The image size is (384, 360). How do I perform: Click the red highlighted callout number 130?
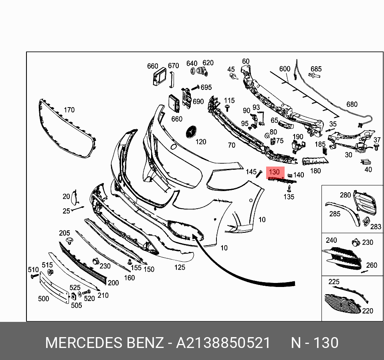click(x=274, y=172)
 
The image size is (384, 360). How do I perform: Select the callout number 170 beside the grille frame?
click(x=69, y=110)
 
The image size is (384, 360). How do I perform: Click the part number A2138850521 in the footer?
click(x=223, y=343)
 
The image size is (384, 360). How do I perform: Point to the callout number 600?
click(x=285, y=69)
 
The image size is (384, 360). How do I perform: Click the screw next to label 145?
click(x=259, y=174)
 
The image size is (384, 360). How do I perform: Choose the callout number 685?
click(x=316, y=69)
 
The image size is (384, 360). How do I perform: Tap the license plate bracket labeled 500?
click(x=54, y=287)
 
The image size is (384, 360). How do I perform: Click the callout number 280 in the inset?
click(x=345, y=195)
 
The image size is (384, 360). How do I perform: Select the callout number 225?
click(x=334, y=282)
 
